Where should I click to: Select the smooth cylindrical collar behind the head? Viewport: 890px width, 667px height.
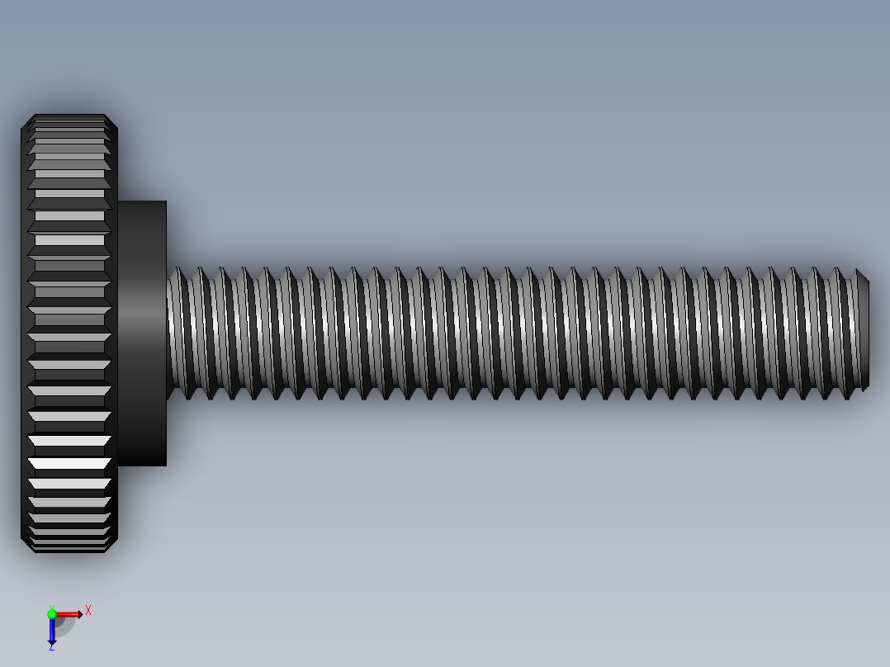142,333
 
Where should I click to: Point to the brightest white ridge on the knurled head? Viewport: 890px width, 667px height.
69,464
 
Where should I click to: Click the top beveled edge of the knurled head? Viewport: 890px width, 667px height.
69,117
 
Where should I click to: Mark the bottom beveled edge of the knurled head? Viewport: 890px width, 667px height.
69,549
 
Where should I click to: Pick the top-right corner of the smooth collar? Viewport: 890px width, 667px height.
165,202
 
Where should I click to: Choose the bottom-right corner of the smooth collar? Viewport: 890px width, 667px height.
165,465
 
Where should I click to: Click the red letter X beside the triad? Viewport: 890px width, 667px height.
88,611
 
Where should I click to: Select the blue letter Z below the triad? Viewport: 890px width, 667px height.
51,647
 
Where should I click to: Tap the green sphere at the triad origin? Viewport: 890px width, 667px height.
52,614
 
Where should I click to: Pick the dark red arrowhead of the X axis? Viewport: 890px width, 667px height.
78,614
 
